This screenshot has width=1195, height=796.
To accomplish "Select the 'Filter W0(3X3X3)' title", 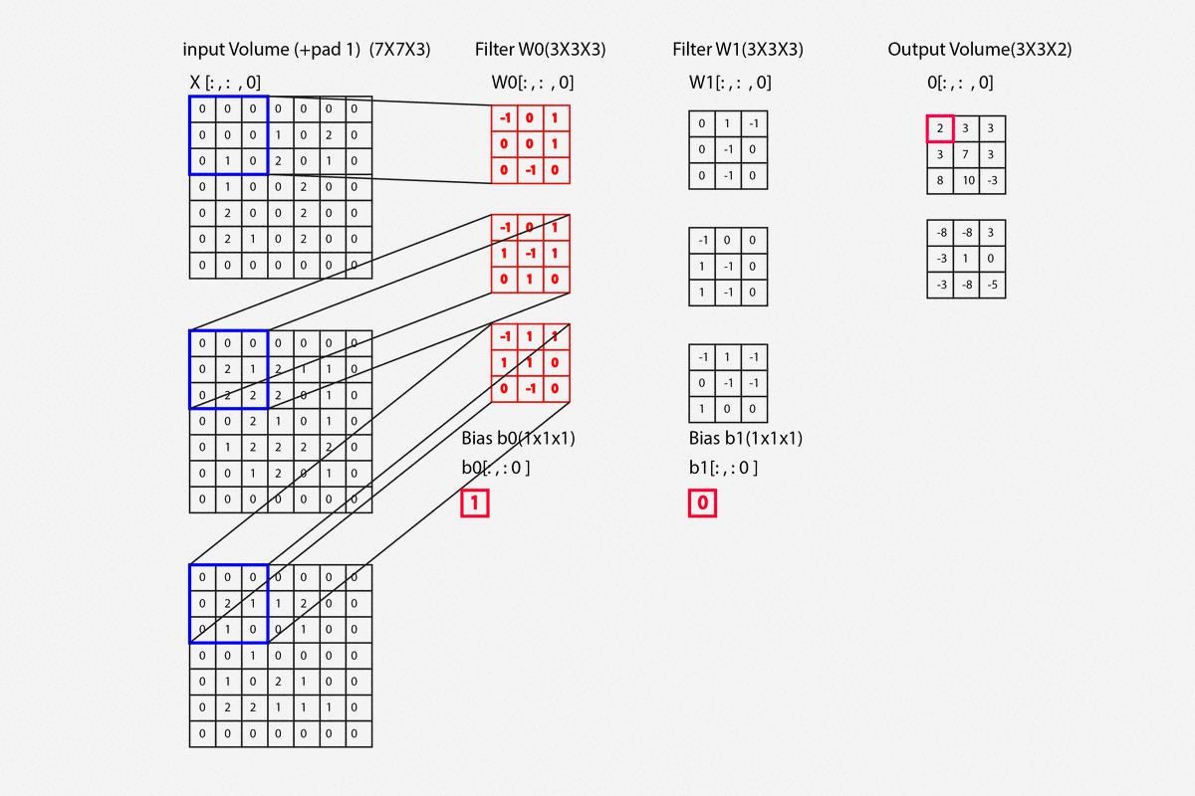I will [x=541, y=50].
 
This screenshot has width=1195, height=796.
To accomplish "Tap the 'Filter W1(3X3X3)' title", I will [x=738, y=50].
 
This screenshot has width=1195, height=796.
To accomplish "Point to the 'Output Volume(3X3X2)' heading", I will [x=979, y=50].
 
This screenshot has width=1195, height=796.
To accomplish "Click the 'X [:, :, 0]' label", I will [x=225, y=83].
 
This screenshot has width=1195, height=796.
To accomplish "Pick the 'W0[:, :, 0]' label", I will [x=533, y=83].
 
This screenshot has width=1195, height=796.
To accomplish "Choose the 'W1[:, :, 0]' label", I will [x=730, y=83].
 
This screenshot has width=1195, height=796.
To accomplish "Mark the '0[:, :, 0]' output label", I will [x=960, y=83].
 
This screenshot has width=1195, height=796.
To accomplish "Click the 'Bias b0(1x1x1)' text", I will [x=519, y=438].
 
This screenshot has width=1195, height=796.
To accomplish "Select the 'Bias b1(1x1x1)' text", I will [x=746, y=438].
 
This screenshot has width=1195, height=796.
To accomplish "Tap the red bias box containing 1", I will [x=475, y=503].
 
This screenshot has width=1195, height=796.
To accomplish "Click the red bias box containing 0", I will [x=702, y=503].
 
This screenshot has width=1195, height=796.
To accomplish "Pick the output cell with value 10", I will [x=966, y=181].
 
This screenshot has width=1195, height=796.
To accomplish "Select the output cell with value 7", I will [x=966, y=155].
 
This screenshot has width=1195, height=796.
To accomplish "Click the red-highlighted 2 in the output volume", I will [x=940, y=129].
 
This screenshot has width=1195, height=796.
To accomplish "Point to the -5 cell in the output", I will [x=992, y=285].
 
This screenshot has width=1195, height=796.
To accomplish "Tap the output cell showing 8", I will [x=940, y=181].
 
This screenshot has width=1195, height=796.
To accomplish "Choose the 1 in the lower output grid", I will [x=966, y=259].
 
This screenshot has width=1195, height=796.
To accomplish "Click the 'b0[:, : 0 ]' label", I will [x=495, y=468].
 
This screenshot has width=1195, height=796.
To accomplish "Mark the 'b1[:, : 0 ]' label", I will [x=723, y=468].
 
